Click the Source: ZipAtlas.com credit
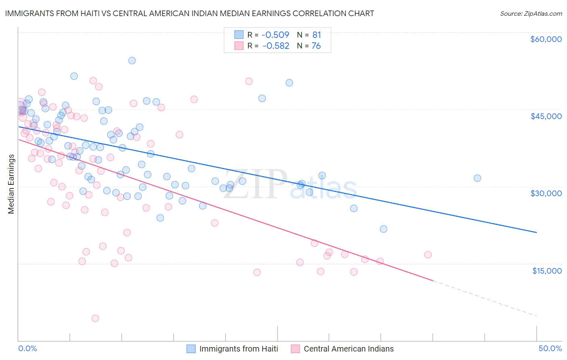[531, 13]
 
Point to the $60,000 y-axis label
[546, 39]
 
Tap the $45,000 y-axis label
[546, 116]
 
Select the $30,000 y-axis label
[546, 193]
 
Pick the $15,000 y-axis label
[547, 271]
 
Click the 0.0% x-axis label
[27, 348]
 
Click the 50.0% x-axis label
[550, 348]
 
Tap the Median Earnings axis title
[11, 184]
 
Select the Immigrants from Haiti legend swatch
[191, 349]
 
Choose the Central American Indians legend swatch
[296, 349]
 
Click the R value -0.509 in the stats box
[276, 35]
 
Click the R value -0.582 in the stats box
[276, 46]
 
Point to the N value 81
[317, 35]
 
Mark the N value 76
[316, 46]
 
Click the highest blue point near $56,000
[132, 61]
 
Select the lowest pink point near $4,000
[95, 318]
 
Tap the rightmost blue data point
[477, 178]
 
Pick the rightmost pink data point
[428, 255]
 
